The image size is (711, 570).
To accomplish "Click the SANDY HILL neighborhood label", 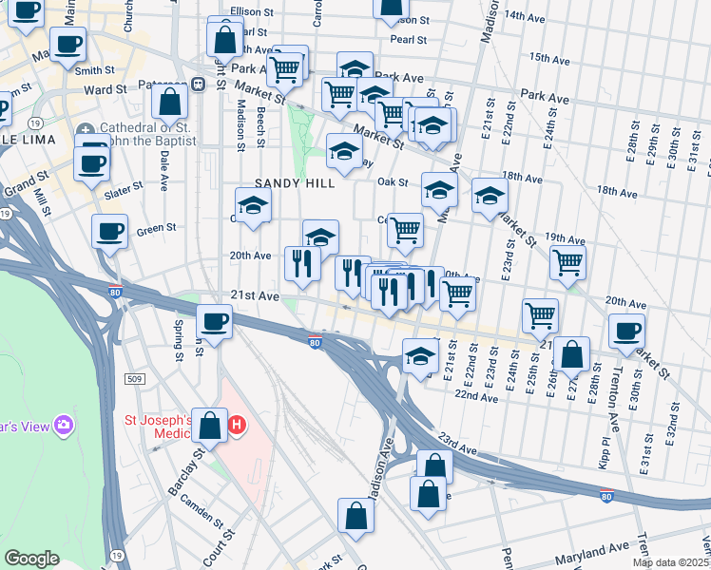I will pyautogui.click(x=295, y=183).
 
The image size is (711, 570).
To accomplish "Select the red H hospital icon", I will pyautogui.click(x=237, y=426).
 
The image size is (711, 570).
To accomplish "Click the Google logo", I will pyautogui.click(x=31, y=559).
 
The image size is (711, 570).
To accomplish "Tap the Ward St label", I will pyautogui.click(x=105, y=90).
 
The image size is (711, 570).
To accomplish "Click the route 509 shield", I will pyautogui.click(x=136, y=379).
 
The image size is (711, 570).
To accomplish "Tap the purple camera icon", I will pyautogui.click(x=64, y=425).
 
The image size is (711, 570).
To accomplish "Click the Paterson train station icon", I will pyautogui.click(x=200, y=83).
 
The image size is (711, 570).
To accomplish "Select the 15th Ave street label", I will pyautogui.click(x=548, y=58).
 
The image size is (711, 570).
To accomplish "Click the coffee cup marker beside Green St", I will pyautogui.click(x=109, y=232).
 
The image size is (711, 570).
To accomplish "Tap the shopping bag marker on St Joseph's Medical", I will pyautogui.click(x=209, y=427).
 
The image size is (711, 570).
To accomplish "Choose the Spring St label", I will pyautogui.click(x=178, y=340).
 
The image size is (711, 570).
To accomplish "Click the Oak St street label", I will pyautogui.click(x=392, y=182).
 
